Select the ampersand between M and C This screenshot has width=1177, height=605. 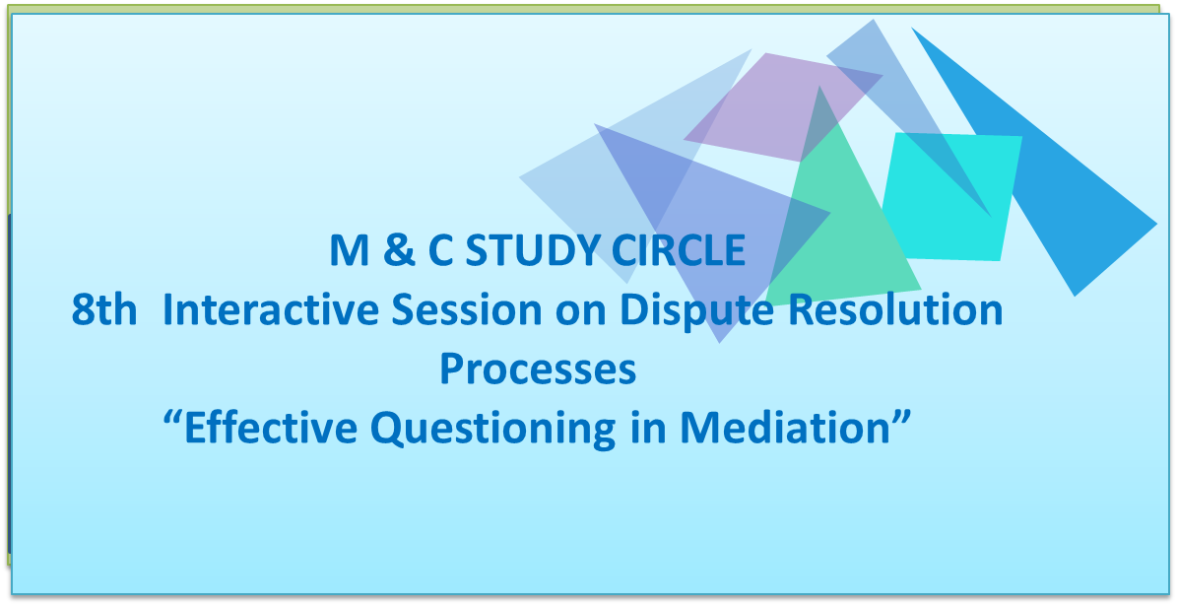pyautogui.click(x=399, y=250)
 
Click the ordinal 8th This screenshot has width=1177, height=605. pyautogui.click(x=104, y=310)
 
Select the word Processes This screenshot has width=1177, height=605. pyautogui.click(x=538, y=369)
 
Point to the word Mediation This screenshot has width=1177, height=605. pyautogui.click(x=795, y=427)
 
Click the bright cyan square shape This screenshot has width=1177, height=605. pyautogui.click(x=951, y=197)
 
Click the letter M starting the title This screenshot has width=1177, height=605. pyautogui.click(x=350, y=250)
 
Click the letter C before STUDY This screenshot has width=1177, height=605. pyautogui.click(x=440, y=250)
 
